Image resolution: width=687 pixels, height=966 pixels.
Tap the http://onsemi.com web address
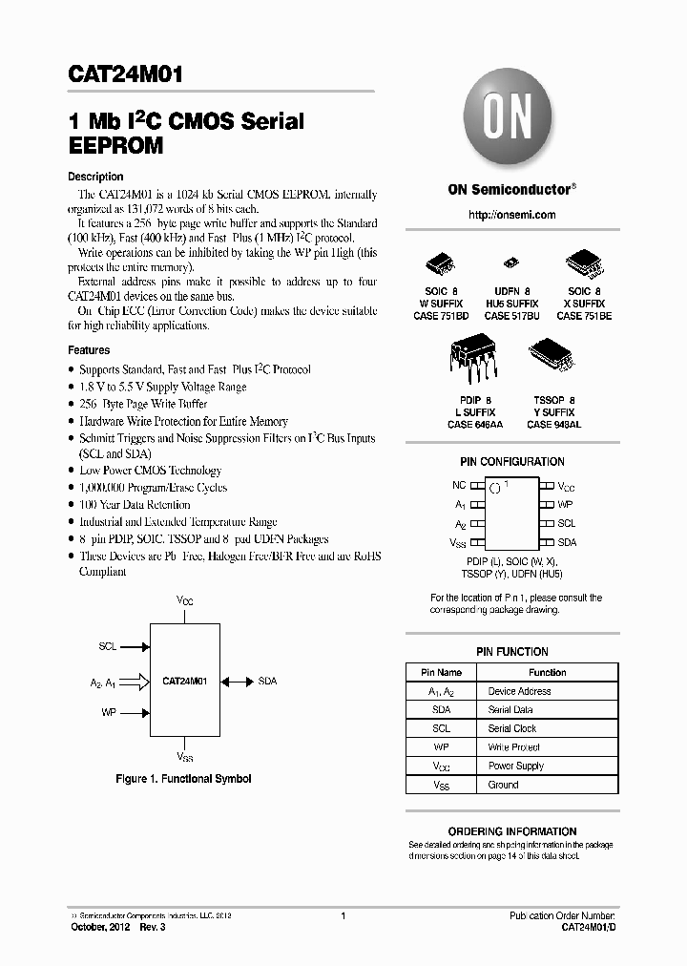[x=512, y=216]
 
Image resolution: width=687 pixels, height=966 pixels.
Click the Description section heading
[x=95, y=177]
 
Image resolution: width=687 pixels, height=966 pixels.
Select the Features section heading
[x=89, y=350]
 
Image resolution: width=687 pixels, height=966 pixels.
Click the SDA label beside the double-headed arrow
[x=268, y=682]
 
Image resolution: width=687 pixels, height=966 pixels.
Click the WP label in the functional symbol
[x=109, y=712]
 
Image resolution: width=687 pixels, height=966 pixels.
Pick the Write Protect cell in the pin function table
[x=515, y=747]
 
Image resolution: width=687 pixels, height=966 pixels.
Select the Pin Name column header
[x=442, y=672]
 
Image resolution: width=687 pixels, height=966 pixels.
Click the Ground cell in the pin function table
[x=504, y=785]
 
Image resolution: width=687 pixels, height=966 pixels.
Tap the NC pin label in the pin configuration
[x=459, y=485]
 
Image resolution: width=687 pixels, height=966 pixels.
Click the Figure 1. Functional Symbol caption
[x=183, y=779]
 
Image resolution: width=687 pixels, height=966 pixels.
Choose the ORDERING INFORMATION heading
[x=512, y=831]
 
